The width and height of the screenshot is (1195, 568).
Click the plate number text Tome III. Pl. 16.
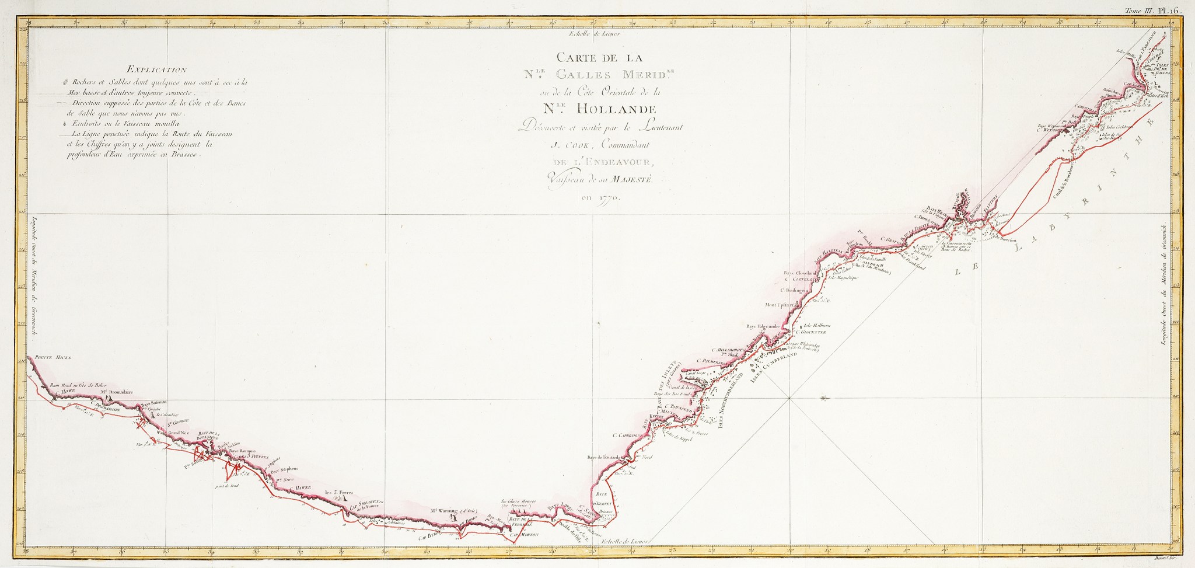click(1158, 10)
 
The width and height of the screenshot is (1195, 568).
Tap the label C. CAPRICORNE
click(626, 435)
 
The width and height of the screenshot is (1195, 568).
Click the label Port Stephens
click(285, 468)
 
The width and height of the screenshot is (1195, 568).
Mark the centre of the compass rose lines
click(789, 399)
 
